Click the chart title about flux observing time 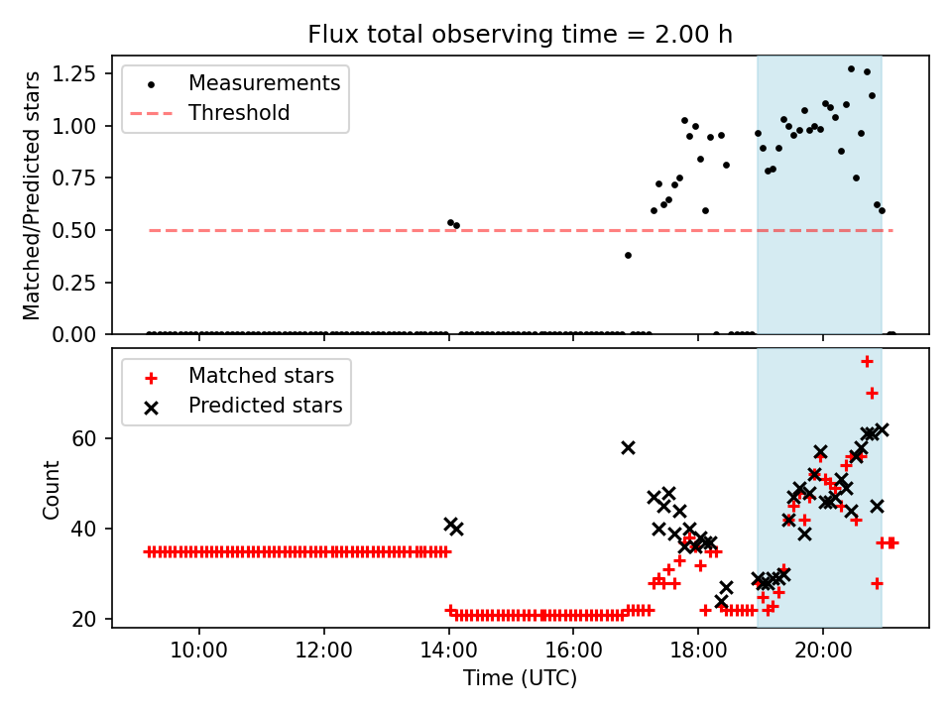coord(520,35)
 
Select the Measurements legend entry coord(264,83)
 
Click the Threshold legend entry coord(238,113)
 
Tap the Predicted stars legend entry coord(265,406)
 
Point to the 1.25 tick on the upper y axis coord(85,73)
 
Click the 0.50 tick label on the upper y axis coord(85,230)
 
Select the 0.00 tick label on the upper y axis coord(85,335)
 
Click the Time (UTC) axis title coord(520,679)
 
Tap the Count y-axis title coord(52,489)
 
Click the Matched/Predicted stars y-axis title coord(33,195)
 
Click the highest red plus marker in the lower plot coord(867,361)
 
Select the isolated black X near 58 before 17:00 coord(628,447)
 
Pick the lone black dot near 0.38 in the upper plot coord(628,255)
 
